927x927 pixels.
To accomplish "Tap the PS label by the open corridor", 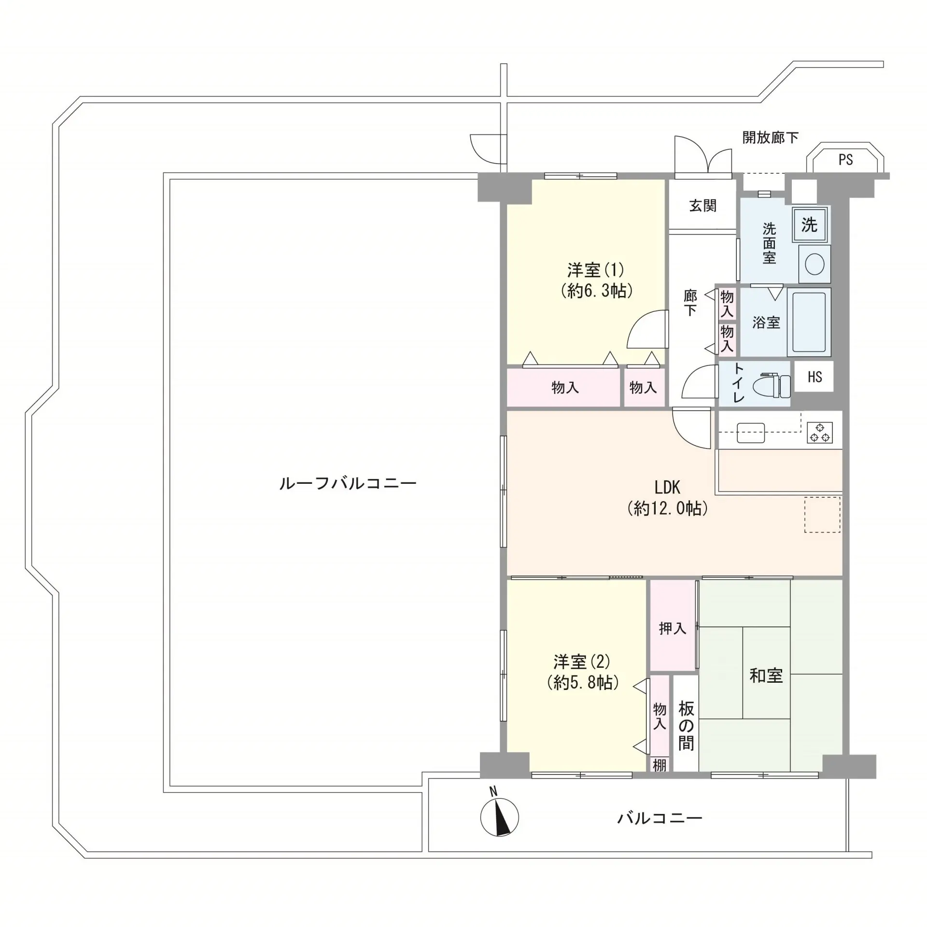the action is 845,160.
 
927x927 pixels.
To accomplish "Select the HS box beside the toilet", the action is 815,377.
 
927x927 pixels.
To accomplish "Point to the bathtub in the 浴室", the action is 809,322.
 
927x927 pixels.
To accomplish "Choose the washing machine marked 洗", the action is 810,225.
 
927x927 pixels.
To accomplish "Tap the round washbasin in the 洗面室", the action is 815,264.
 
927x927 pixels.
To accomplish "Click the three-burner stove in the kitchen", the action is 820,432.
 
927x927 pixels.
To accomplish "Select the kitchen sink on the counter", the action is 751,433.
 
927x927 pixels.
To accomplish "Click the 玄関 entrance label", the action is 702,206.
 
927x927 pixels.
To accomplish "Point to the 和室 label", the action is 766,675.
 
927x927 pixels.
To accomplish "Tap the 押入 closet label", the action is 673,628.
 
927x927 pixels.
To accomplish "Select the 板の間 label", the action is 686,726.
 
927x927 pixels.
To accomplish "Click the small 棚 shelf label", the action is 660,765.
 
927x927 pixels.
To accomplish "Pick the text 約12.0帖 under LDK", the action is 668,508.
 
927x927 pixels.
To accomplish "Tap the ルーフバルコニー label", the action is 348,483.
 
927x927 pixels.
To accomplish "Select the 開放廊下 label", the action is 770,138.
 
